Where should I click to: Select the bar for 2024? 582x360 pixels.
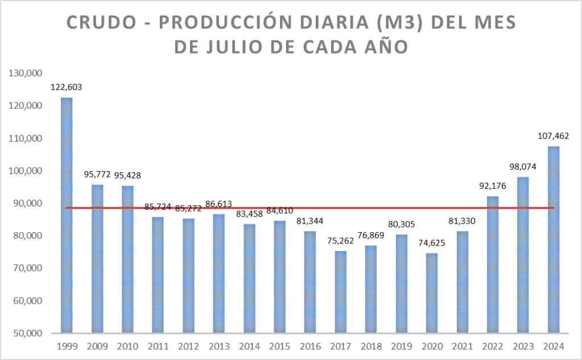[x=554, y=239]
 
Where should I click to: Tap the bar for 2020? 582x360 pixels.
[x=432, y=293]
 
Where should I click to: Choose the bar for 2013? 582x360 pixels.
[x=218, y=274]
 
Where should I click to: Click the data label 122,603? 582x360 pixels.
[x=67, y=88]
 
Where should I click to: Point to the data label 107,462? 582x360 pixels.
[x=554, y=136]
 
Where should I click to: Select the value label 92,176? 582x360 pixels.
[x=493, y=186]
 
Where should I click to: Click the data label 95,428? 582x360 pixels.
[x=127, y=175]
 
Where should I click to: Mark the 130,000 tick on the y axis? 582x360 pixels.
[x=25, y=73]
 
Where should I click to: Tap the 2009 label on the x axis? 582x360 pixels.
[x=97, y=345]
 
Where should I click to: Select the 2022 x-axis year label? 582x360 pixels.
[x=493, y=345]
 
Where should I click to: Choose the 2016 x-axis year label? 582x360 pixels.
[x=310, y=345]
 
